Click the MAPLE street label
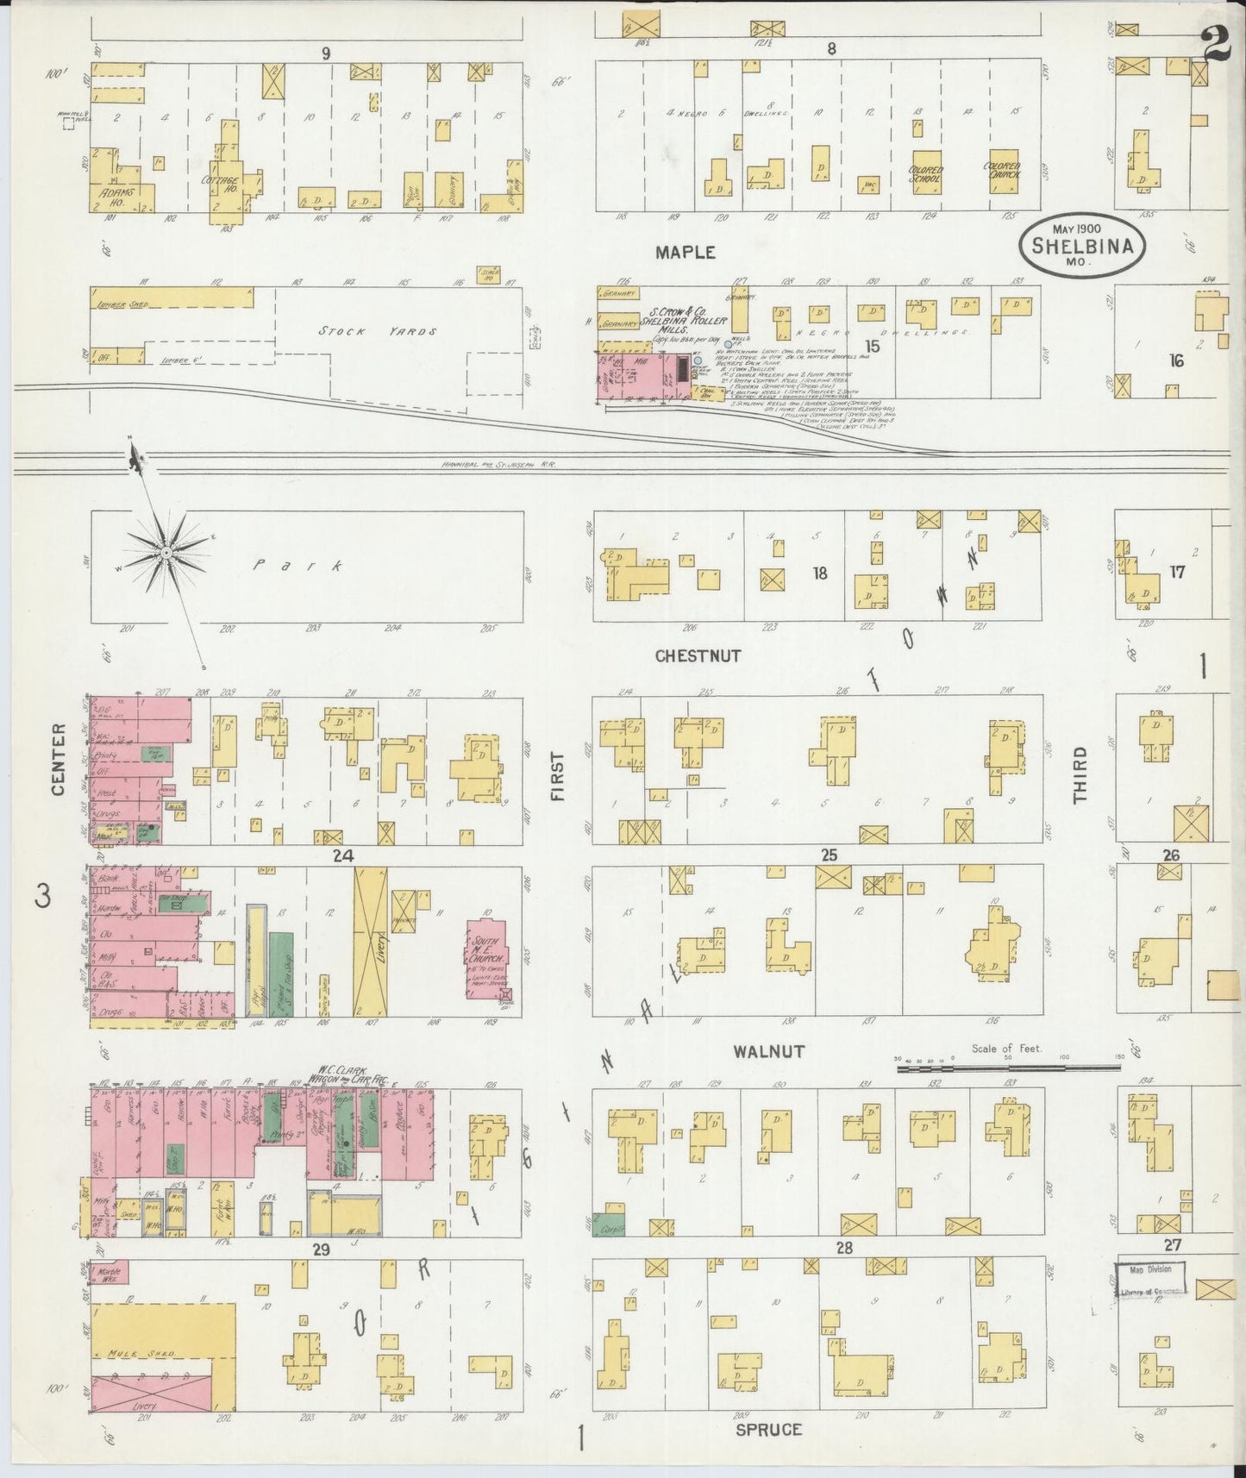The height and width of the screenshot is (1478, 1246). [x=685, y=252]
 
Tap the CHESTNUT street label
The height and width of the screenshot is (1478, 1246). [x=698, y=655]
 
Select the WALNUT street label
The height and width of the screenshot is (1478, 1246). [x=769, y=1051]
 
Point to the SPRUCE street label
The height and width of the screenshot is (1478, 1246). [x=769, y=1429]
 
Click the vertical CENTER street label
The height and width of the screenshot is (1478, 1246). [x=59, y=760]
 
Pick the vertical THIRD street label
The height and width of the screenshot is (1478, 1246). [x=1080, y=776]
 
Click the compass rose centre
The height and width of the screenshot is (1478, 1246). [x=164, y=550]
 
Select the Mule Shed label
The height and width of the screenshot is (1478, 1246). [x=143, y=1354]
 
